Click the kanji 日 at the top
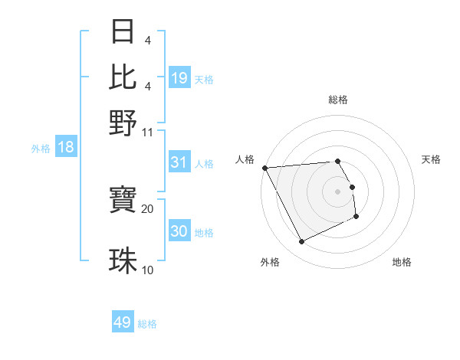tap(123, 32)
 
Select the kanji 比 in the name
tap(123, 77)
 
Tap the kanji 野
tap(123, 123)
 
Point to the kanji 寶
tap(123, 201)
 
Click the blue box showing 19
tap(179, 77)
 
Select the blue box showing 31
tap(179, 162)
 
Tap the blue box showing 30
tap(179, 231)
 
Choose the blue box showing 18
tap(66, 147)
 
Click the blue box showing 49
tap(123, 322)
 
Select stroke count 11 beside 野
tap(148, 132)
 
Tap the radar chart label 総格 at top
tap(338, 100)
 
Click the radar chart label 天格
tap(432, 159)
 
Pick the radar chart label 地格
tap(402, 262)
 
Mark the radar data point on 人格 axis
tap(264, 168)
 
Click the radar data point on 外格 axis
tap(302, 242)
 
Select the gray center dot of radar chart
tap(338, 191)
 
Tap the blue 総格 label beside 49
tap(148, 324)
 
